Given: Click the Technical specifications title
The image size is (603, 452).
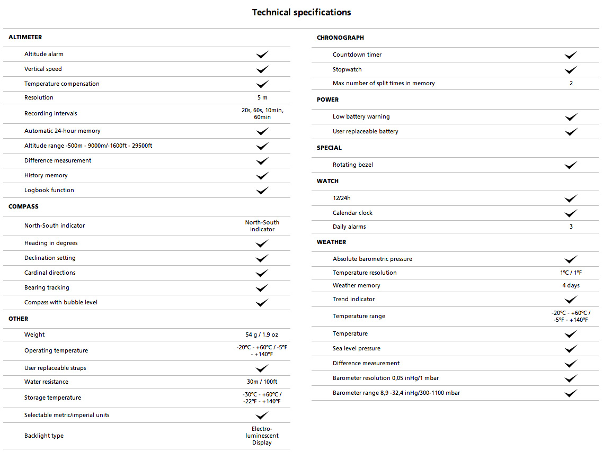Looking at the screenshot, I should click(301, 12).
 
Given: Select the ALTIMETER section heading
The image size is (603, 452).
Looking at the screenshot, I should click(25, 37).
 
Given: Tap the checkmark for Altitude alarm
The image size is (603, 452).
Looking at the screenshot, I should click(262, 55).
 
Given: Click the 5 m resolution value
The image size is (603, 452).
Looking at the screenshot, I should click(262, 97).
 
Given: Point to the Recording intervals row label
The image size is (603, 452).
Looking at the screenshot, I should click(51, 113).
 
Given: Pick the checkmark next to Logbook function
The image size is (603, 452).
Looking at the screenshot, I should click(262, 191).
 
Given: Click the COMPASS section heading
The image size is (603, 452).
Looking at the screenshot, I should click(23, 206).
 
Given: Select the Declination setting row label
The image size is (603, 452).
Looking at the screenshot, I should click(50, 258).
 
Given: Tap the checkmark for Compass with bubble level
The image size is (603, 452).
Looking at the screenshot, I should click(262, 303).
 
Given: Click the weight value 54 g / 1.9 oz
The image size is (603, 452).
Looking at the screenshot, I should click(262, 335).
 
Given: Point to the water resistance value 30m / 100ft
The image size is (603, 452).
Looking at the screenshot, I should click(262, 382).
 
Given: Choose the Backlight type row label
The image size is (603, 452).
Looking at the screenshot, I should click(44, 436).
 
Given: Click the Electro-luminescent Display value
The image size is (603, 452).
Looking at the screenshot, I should click(262, 436).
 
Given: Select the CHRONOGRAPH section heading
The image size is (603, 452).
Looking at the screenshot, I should click(340, 38).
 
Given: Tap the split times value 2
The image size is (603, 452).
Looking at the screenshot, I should click(571, 83).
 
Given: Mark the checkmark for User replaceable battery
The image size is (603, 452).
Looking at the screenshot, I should click(571, 132).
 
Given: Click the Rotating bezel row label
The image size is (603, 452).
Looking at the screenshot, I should click(353, 165).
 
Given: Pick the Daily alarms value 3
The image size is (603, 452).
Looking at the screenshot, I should click(571, 227).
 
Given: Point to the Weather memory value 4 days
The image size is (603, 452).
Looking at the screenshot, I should click(571, 285).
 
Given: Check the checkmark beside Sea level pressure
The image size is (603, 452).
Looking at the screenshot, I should click(571, 349).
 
